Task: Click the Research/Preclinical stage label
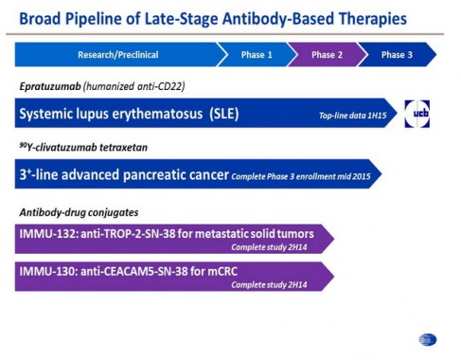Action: pos(114,55)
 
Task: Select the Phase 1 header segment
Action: pos(256,55)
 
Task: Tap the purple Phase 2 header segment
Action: pos(327,55)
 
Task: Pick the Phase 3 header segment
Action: pos(397,55)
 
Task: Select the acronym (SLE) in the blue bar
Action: pos(219,114)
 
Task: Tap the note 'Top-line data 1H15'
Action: pos(351,116)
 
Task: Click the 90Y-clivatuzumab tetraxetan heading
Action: pos(80,147)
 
